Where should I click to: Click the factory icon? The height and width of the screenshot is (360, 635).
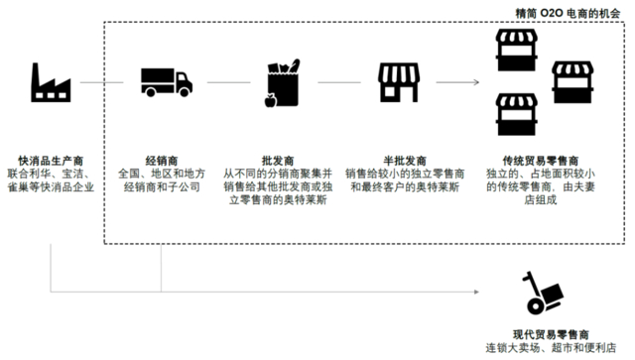[51, 83]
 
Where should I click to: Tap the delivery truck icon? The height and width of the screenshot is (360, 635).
[162, 82]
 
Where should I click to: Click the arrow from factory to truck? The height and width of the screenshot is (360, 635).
[104, 83]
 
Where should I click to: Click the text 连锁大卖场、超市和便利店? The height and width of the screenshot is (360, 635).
[544, 348]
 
